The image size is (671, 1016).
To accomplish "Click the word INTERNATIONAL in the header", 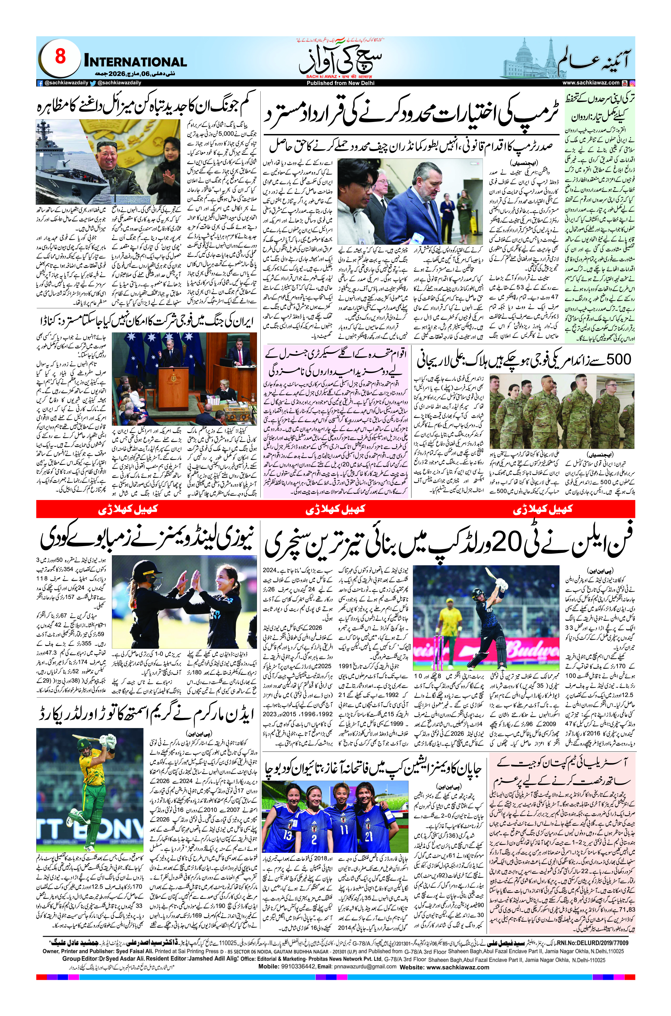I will pos(136,61).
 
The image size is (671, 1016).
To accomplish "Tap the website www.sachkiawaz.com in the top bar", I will pos(590,83).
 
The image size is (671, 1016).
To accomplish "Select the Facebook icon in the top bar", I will pos(40,83).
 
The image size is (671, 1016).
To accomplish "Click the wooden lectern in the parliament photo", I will pos(173,389).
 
